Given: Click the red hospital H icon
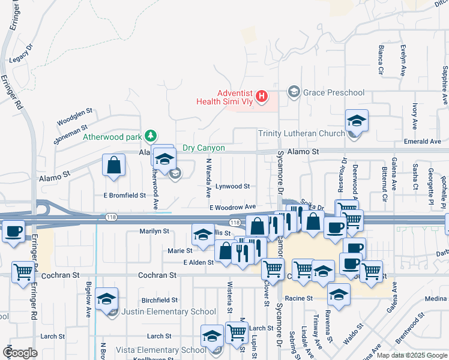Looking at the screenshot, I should tap(261, 96).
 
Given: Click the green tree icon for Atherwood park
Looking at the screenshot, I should tap(152, 136).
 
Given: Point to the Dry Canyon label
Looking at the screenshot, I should tap(203, 148).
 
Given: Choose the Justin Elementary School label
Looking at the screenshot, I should tap(169, 311).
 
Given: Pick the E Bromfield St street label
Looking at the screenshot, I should tap(125, 196).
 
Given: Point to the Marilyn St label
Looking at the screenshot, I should tap(154, 231).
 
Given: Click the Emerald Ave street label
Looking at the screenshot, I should tap(423, 142).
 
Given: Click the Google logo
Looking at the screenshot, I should tap(20, 353).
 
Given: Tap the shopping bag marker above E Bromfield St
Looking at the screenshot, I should tap(114, 166).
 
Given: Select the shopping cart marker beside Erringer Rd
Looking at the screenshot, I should tap(23, 271).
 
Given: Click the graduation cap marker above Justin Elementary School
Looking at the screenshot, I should tap(107, 298).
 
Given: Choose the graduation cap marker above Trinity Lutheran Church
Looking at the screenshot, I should tap(357, 121).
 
